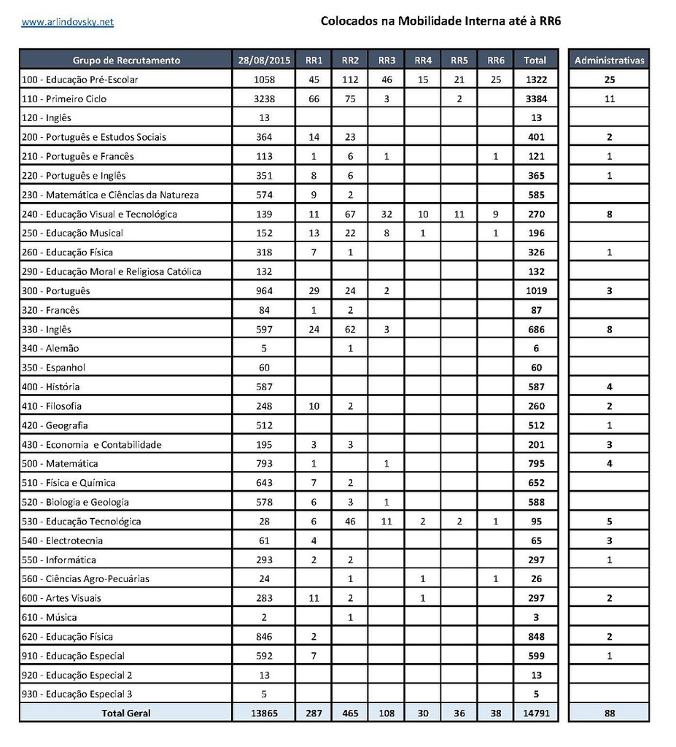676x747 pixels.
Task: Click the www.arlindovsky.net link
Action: [68, 22]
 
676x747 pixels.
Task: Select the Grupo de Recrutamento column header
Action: [126, 61]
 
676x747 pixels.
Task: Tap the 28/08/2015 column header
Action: [263, 61]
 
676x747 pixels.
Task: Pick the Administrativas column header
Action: [610, 61]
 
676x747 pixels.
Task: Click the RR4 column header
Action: [423, 61]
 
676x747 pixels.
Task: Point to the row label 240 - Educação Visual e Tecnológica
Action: [100, 214]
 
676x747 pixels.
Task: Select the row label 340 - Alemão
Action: [50, 349]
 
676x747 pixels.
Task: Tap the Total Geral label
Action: [126, 713]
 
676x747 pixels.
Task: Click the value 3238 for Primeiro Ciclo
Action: [263, 99]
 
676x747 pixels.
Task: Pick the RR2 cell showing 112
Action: [350, 80]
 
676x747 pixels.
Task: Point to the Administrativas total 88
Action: [610, 713]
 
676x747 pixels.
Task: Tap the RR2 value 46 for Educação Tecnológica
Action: [350, 522]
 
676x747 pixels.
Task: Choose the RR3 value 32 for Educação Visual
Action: [387, 214]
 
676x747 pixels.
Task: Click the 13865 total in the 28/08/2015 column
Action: [263, 713]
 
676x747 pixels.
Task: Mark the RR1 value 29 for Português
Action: [314, 291]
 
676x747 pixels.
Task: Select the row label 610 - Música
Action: [50, 618]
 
